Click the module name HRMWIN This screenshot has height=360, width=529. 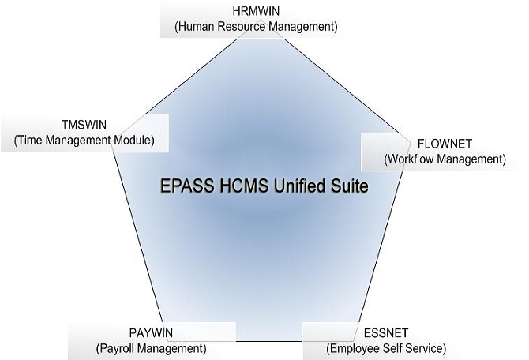255,12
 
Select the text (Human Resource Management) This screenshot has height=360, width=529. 255,26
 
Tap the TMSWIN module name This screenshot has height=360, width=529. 84,126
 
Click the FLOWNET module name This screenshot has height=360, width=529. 445,144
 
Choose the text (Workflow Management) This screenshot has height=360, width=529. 445,159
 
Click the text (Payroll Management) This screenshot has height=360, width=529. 150,347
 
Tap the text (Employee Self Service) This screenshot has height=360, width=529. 386,347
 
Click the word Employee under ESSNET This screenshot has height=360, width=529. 355,347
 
